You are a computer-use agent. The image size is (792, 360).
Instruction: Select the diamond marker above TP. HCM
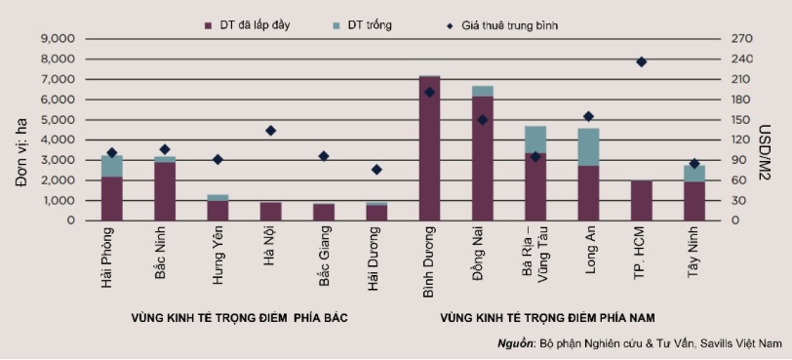641,61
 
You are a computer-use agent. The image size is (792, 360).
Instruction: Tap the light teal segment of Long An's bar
588,146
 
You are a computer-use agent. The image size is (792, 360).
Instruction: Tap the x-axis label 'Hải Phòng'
109,255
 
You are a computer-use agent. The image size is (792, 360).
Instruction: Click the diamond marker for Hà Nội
270,131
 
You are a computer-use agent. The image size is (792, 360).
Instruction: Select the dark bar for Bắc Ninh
165,191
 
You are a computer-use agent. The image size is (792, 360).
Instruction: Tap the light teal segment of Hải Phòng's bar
111,166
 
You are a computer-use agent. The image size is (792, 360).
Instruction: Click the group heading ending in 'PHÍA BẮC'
239,318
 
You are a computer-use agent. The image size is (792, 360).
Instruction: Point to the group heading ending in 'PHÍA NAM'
547,318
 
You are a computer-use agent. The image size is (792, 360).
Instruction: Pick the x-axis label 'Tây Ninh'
693,255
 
